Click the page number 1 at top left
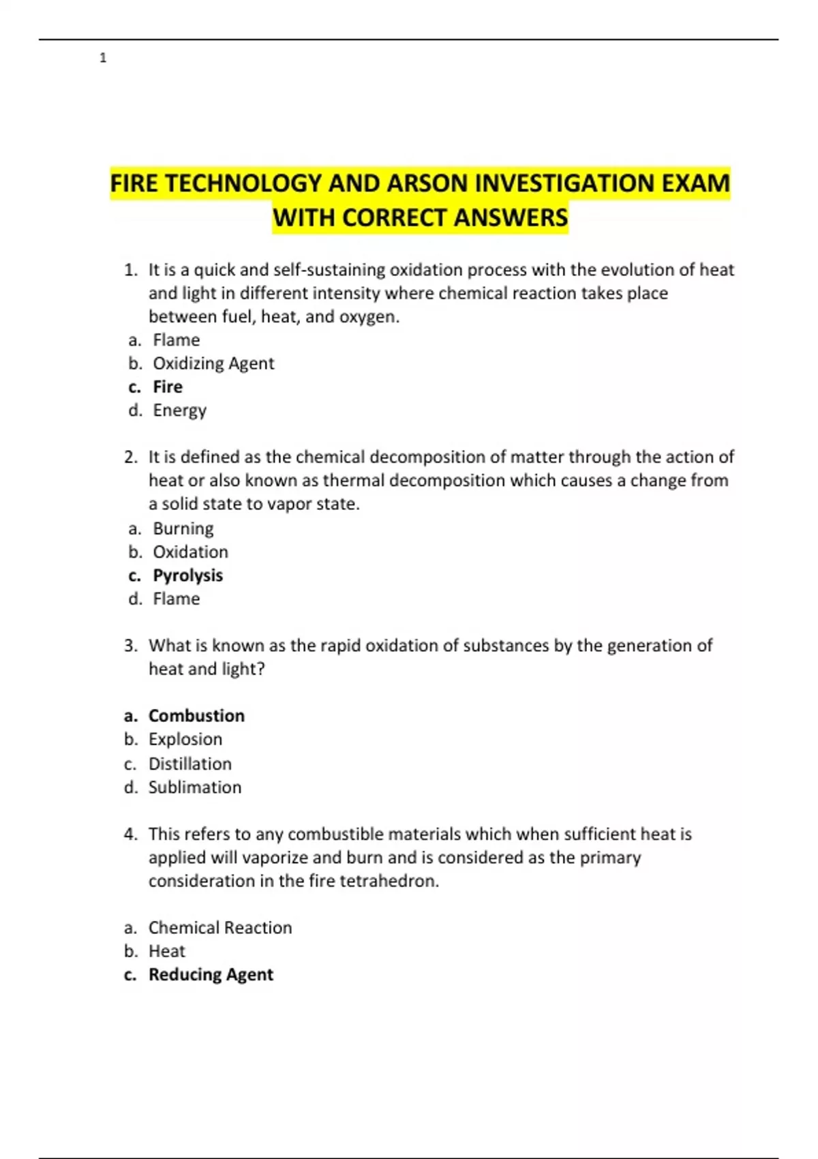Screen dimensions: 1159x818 103,58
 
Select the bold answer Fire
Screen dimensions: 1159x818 168,387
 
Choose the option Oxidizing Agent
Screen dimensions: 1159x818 213,363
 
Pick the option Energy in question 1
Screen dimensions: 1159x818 179,410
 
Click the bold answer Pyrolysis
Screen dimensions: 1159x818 187,575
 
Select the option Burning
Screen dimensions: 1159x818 183,528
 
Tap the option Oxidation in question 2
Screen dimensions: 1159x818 190,552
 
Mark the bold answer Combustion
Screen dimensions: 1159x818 196,715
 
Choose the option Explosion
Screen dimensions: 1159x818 185,739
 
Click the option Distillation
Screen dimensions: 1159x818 190,764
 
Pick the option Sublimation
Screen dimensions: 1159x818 195,787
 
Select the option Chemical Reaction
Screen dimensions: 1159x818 220,927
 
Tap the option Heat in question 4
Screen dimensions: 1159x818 167,951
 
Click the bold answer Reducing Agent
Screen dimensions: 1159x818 211,974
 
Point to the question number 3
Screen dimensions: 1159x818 131,646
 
